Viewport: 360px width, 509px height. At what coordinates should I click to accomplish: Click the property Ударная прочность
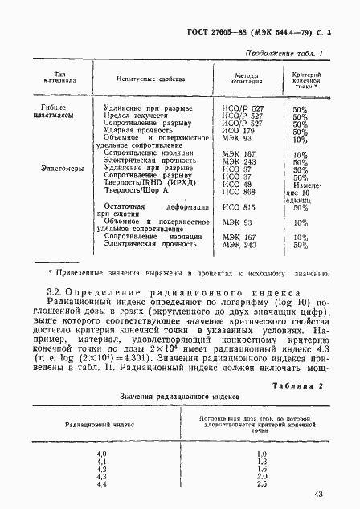(132, 131)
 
